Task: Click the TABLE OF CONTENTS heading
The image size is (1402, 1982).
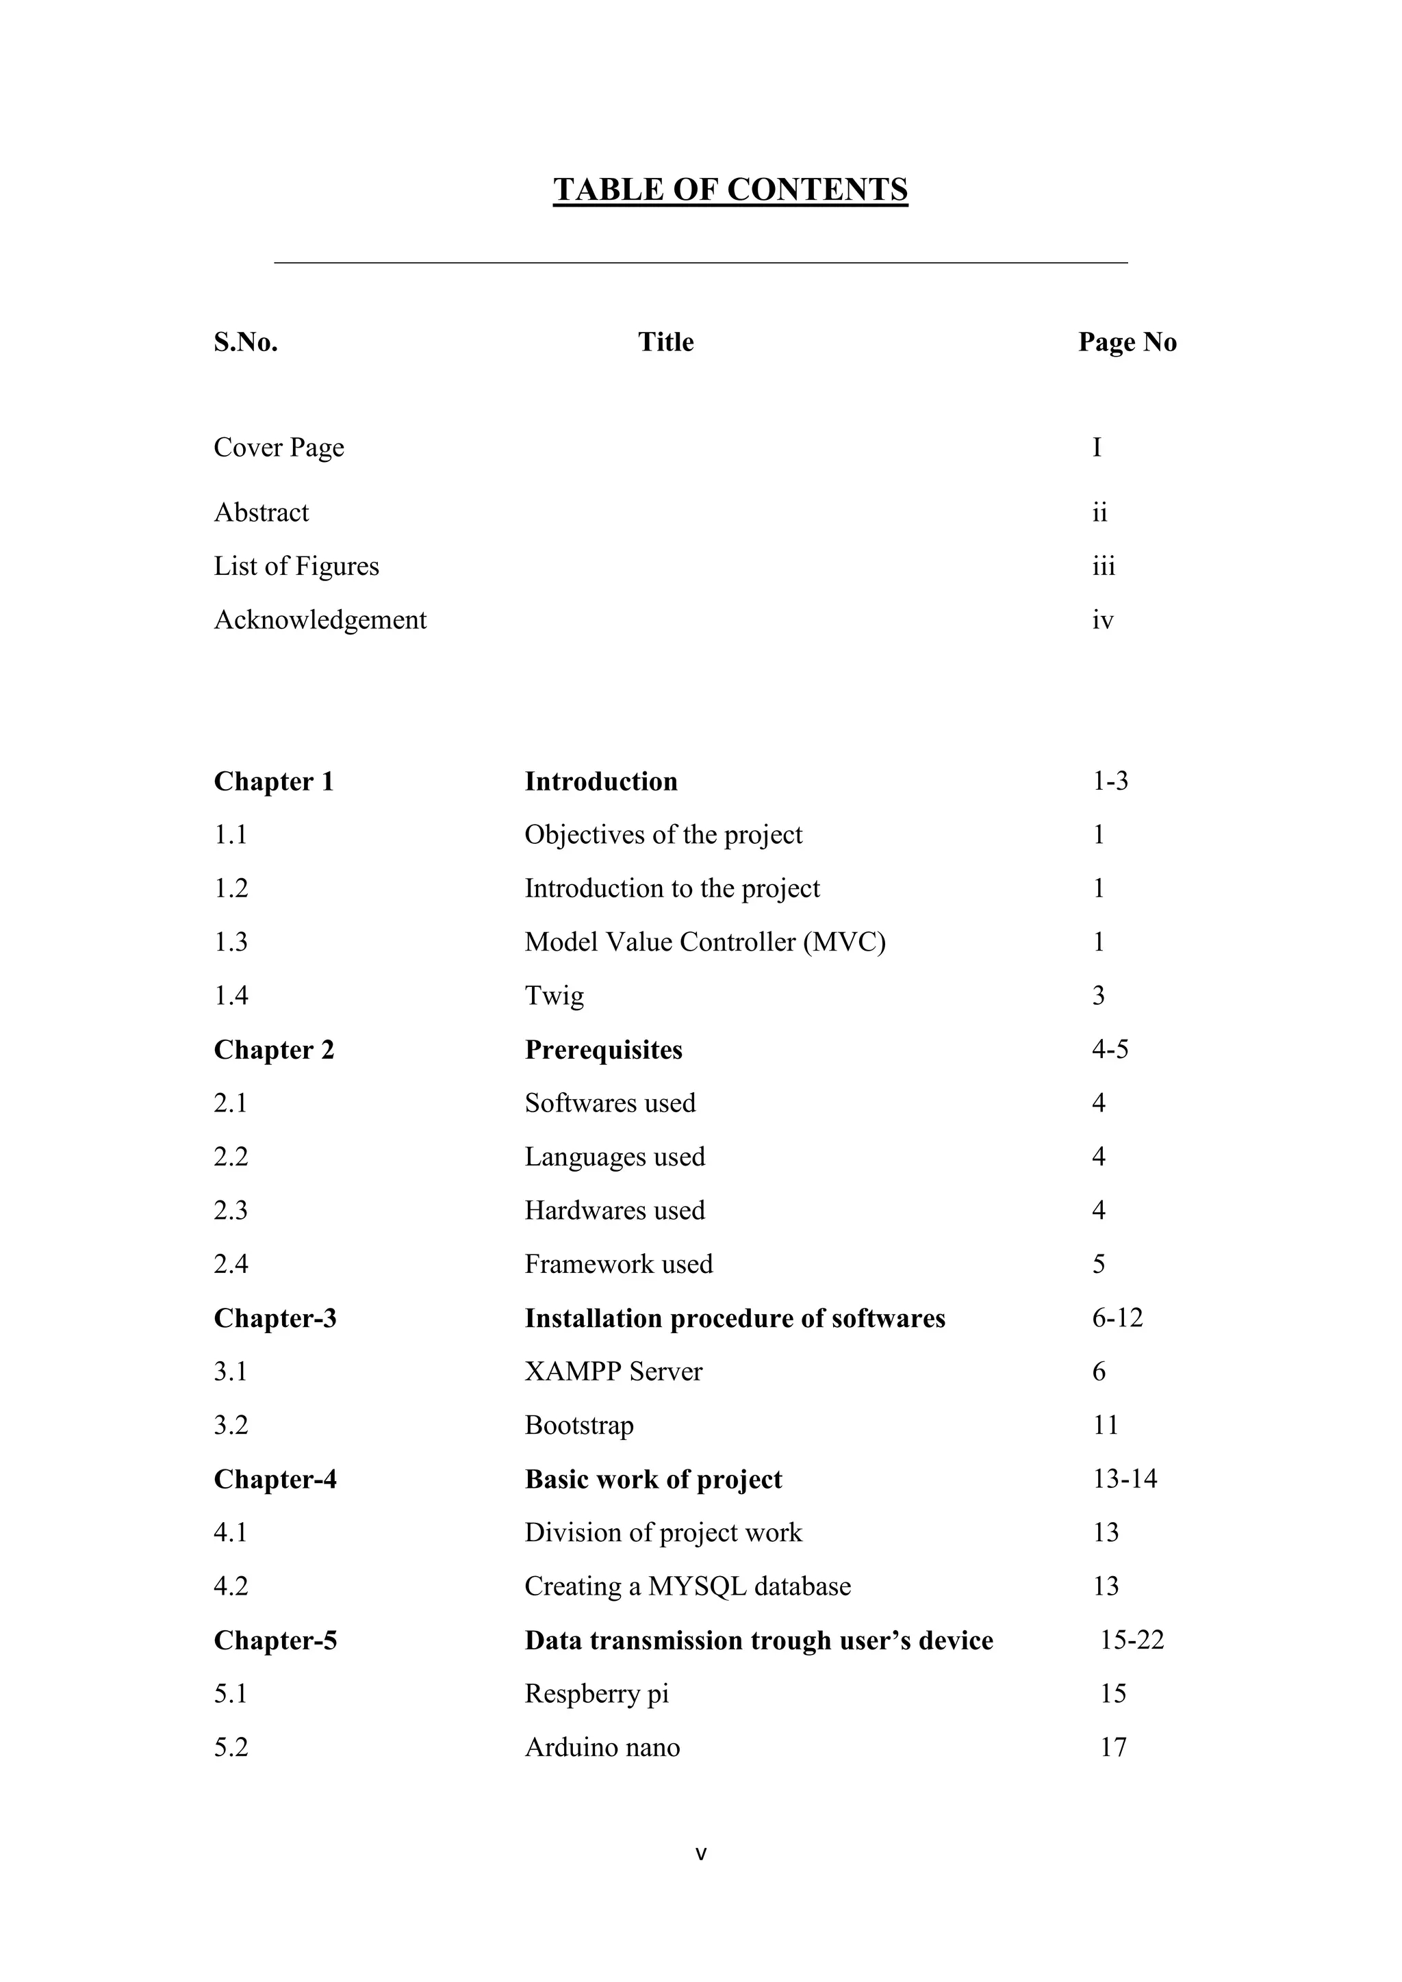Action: pyautogui.click(x=730, y=190)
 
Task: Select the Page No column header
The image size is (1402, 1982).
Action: pyautogui.click(x=1127, y=343)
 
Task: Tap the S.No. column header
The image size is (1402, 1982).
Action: pyautogui.click(x=246, y=343)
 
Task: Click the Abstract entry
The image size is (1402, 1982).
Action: pyautogui.click(x=261, y=513)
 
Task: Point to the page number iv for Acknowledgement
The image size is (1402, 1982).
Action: pyautogui.click(x=1102, y=621)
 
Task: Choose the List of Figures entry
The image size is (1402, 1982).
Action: pyautogui.click(x=296, y=566)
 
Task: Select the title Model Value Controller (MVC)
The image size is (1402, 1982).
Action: pyautogui.click(x=704, y=942)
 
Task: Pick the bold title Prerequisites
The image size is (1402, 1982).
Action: pyautogui.click(x=603, y=1050)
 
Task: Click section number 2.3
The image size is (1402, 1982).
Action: pyautogui.click(x=231, y=1210)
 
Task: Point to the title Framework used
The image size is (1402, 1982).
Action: pyautogui.click(x=618, y=1265)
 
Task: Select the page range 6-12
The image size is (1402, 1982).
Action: pyautogui.click(x=1117, y=1318)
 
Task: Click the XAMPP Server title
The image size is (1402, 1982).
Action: pyautogui.click(x=613, y=1372)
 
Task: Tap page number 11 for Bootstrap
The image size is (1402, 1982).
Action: pyautogui.click(x=1105, y=1425)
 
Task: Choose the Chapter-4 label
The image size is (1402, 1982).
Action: pyautogui.click(x=275, y=1480)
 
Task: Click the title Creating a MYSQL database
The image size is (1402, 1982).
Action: pyautogui.click(x=687, y=1586)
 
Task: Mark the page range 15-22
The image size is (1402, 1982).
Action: pyautogui.click(x=1132, y=1640)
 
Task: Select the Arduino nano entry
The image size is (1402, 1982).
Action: pyautogui.click(x=602, y=1747)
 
